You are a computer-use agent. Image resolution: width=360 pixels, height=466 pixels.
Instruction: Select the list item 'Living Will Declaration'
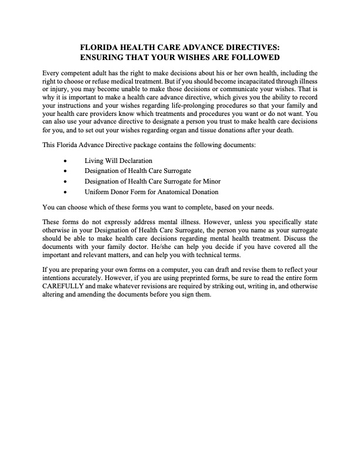118,161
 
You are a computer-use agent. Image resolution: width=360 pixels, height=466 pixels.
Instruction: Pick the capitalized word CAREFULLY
65,288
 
